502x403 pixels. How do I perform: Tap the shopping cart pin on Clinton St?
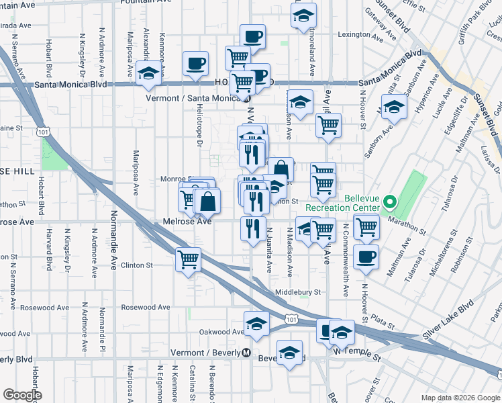pyautogui.click(x=189, y=259)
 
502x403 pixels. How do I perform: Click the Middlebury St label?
pyautogui.click(x=298, y=293)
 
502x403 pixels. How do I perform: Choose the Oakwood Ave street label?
pyautogui.click(x=221, y=332)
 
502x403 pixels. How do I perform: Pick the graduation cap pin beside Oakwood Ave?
pyautogui.click(x=256, y=324)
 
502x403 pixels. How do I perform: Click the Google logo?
pyautogui.click(x=22, y=395)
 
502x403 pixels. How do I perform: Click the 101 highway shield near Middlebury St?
pyautogui.click(x=290, y=318)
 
